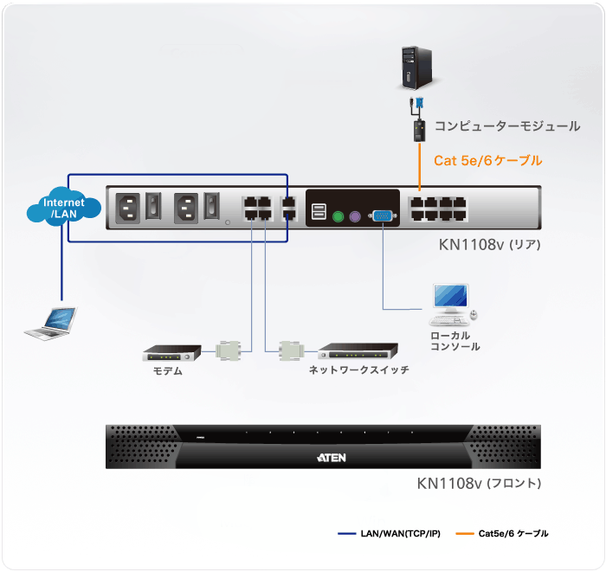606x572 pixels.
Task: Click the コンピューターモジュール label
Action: pyautogui.click(x=506, y=126)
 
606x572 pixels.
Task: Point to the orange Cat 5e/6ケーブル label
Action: pyautogui.click(x=487, y=160)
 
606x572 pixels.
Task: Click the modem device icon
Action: pyautogui.click(x=171, y=353)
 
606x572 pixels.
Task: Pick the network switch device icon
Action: pyautogui.click(x=358, y=351)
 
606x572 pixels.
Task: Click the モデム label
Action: pyautogui.click(x=168, y=370)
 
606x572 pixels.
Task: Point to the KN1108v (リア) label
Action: pyautogui.click(x=489, y=245)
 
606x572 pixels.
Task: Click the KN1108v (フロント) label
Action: pyautogui.click(x=479, y=483)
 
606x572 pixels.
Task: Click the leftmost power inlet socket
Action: pyautogui.click(x=128, y=208)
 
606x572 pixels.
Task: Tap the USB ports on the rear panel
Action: pyautogui.click(x=319, y=212)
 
